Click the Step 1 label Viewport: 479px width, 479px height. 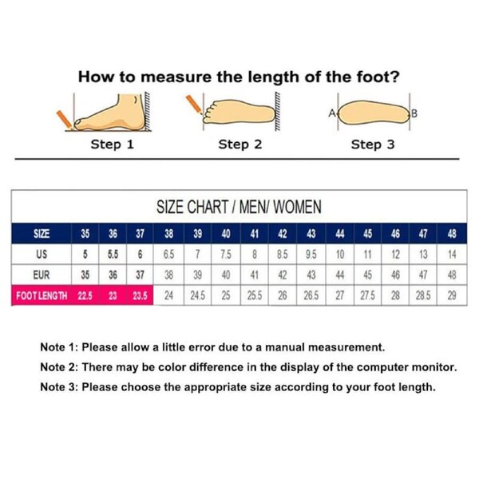(112, 144)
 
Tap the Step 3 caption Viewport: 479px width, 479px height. (373, 144)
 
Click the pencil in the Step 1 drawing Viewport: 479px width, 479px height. (65, 119)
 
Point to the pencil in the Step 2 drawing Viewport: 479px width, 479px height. (194, 104)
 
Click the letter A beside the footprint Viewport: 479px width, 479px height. (332, 113)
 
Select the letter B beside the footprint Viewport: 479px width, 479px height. (414, 113)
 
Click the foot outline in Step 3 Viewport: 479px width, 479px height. (374, 113)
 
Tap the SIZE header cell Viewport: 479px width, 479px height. (42, 234)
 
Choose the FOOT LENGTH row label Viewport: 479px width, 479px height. (42, 295)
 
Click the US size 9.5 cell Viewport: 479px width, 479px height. (311, 254)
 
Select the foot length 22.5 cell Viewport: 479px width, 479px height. (85, 295)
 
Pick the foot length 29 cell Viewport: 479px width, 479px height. (452, 295)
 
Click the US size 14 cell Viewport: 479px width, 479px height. (452, 254)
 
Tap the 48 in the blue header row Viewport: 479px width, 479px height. (452, 234)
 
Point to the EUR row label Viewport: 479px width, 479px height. (42, 275)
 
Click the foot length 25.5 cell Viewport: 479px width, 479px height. (255, 295)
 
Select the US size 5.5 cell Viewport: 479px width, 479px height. (113, 254)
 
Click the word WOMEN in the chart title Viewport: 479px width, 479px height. (297, 207)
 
